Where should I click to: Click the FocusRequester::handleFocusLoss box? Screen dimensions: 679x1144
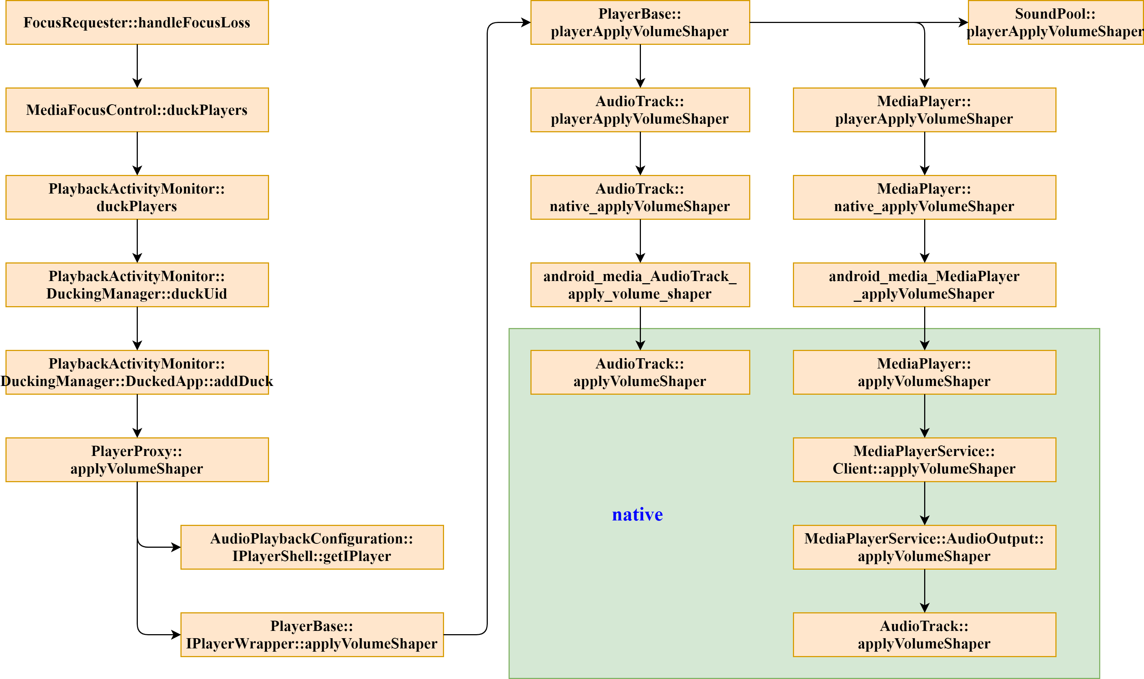click(x=137, y=23)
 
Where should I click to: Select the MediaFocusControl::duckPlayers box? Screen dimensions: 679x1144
click(x=137, y=110)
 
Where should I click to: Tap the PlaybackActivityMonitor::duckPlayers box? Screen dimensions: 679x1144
click(x=137, y=197)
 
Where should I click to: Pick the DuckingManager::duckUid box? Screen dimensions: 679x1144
click(x=137, y=285)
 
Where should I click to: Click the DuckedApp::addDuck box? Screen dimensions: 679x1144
click(x=137, y=372)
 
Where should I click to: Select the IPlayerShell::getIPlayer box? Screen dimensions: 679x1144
click(x=312, y=547)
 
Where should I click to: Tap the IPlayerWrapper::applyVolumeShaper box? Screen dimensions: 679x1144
click(x=312, y=634)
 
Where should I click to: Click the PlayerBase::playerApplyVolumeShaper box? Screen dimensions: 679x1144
click(x=640, y=23)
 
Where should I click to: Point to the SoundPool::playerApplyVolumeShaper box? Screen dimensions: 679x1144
click(x=1055, y=23)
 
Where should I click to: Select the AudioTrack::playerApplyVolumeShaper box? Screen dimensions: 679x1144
click(x=640, y=110)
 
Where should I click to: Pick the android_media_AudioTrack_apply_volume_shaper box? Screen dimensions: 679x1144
click(x=640, y=285)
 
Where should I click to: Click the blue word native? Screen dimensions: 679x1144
click(x=637, y=514)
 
